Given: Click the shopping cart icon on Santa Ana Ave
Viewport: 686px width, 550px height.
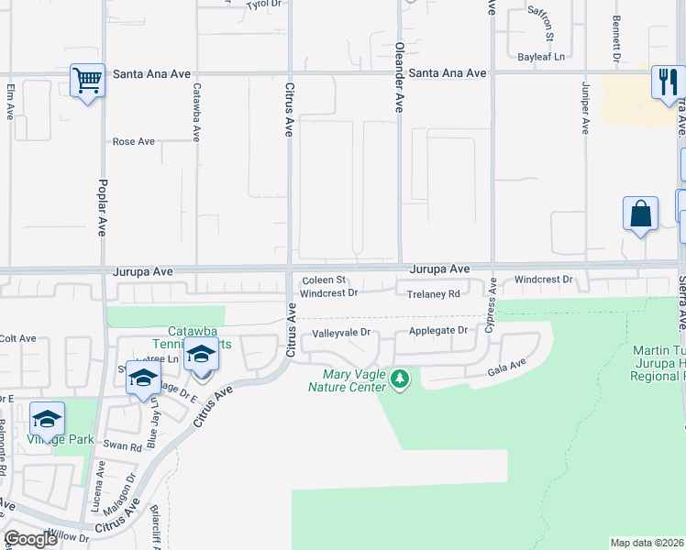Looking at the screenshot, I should (88, 81).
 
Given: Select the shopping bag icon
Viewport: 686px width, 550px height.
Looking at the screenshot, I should (640, 214).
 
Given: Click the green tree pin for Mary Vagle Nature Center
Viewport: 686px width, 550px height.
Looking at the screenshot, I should (399, 378).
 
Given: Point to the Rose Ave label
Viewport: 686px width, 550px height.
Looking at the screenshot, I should (133, 142).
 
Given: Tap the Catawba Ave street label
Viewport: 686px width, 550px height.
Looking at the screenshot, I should (195, 112).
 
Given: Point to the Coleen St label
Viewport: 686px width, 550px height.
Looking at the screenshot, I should (324, 280).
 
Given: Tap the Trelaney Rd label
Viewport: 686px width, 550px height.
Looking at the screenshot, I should (433, 294).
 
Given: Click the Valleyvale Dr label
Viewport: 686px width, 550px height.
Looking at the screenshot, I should (340, 333).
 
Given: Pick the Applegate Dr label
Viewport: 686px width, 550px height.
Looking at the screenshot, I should (438, 330).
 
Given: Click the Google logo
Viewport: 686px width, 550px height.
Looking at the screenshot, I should (31, 538).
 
